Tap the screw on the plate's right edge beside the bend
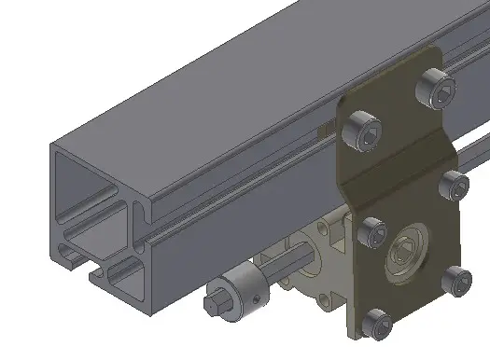[x=453, y=185]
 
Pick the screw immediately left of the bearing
[x=371, y=232]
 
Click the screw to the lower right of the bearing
[x=455, y=280]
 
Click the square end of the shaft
[x=213, y=303]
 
